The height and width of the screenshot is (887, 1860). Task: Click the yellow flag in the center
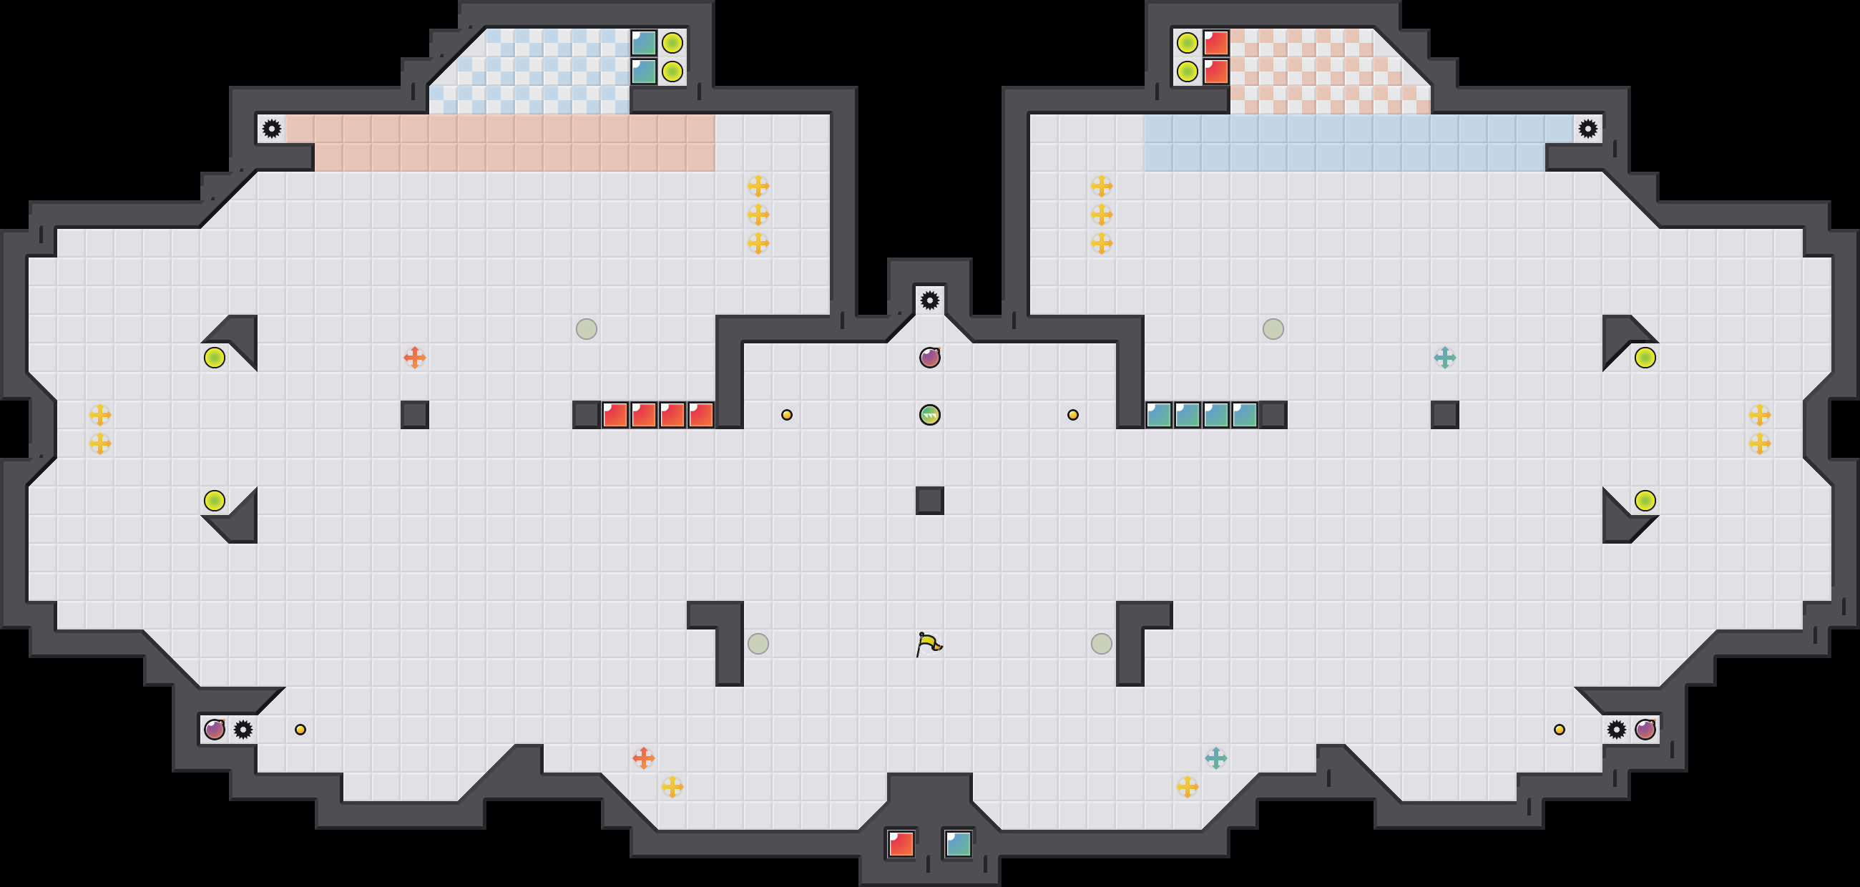coord(929,644)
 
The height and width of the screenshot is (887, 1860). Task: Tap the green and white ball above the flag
coord(930,415)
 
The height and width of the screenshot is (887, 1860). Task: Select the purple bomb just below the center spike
coord(930,357)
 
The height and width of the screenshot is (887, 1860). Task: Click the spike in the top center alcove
coord(930,300)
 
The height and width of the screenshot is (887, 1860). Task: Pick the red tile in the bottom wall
coord(901,843)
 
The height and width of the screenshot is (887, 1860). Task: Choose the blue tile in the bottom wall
coord(958,843)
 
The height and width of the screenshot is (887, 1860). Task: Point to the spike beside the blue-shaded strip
coord(1587,129)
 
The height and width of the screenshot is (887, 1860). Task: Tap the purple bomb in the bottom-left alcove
coord(215,730)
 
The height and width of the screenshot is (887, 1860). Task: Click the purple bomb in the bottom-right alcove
coord(1645,730)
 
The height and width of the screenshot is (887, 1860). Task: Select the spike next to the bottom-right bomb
coord(1617,730)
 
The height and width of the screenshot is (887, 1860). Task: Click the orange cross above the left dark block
coord(414,357)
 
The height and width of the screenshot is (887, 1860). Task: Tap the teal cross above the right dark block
coord(1445,357)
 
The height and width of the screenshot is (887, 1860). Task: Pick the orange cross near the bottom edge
coord(643,758)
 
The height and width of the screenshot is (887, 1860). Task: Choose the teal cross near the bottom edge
coord(1216,758)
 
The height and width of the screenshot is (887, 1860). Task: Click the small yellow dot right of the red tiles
coord(787,415)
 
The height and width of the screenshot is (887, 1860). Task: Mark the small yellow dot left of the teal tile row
coord(1073,415)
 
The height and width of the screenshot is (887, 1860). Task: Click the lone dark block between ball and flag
coord(930,501)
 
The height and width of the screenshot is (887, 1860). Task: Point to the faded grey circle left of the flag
coord(758,644)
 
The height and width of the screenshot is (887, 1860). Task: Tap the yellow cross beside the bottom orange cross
coord(672,787)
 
